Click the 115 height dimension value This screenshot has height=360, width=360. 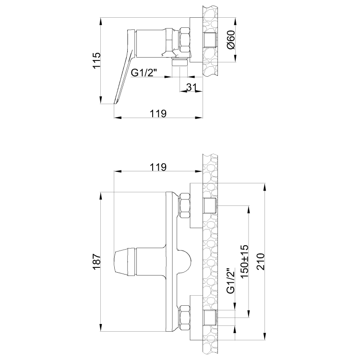[96, 61]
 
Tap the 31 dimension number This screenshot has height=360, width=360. [191, 86]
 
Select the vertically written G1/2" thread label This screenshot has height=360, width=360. [230, 281]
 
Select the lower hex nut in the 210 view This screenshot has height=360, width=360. [184, 319]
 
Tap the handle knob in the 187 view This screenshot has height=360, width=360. [124, 262]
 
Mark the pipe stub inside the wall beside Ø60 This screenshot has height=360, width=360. [210, 40]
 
